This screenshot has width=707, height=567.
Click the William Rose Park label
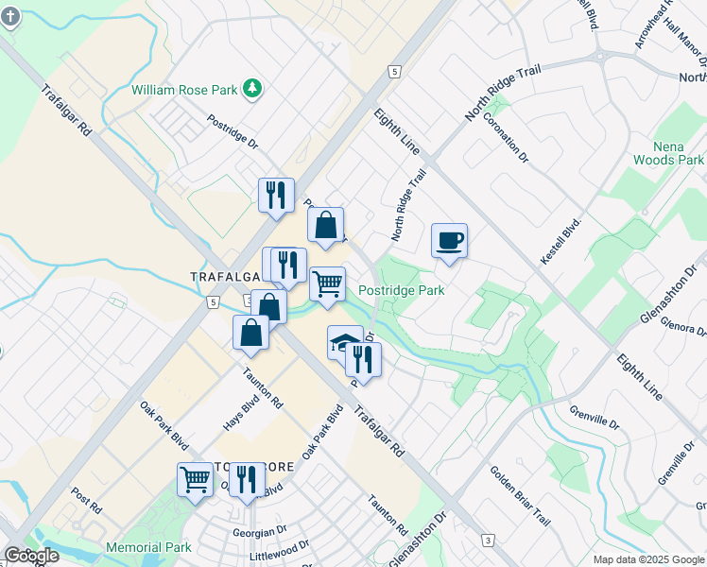coord(184,90)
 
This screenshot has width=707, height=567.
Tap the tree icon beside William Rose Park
coord(251,89)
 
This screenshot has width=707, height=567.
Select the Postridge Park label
coord(402,291)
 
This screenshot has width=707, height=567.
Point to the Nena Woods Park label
coord(679,153)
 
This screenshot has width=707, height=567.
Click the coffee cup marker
coord(449,240)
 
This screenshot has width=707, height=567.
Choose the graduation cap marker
coord(344,342)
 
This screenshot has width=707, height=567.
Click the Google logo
coord(31,556)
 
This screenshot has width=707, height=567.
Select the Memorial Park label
coord(148,547)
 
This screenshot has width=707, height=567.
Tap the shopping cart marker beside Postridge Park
coord(327,283)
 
